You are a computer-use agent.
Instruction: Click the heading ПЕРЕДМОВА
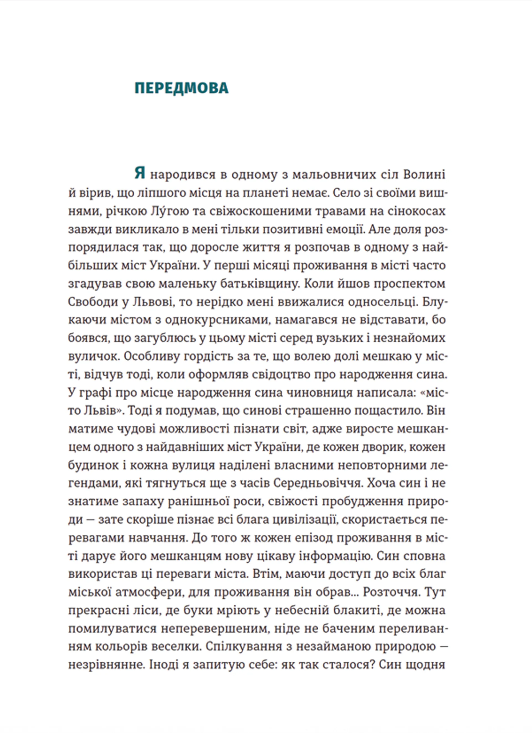pos(181,89)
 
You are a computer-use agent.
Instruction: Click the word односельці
pos(383,302)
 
